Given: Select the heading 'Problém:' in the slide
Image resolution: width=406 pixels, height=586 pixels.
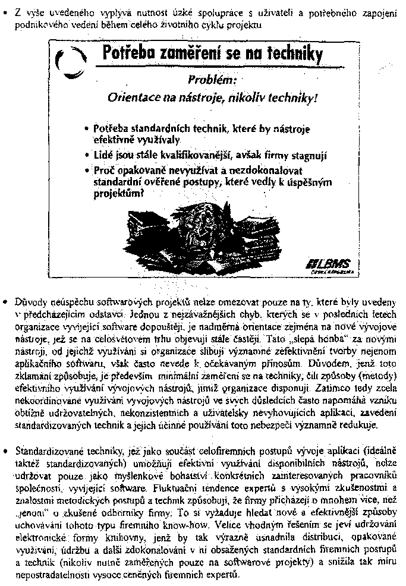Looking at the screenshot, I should [212, 79].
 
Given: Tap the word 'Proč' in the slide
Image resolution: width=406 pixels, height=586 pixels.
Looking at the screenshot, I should [105, 171].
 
